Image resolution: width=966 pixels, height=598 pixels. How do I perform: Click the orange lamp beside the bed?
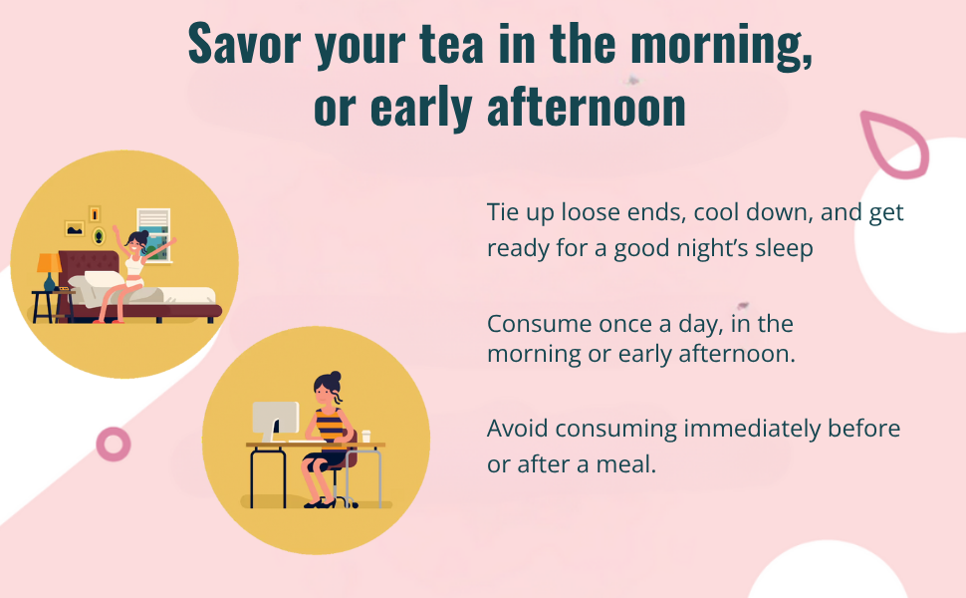coord(48,263)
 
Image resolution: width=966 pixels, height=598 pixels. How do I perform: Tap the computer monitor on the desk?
coord(275,419)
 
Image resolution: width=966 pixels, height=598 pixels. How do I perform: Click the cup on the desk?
coord(366,436)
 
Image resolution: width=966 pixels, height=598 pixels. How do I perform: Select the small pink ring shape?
coord(114,443)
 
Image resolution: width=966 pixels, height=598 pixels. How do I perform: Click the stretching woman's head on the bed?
coord(136,240)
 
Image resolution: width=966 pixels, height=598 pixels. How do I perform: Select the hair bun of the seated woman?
coord(335,376)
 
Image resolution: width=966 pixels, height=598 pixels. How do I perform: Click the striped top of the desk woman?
coord(329,425)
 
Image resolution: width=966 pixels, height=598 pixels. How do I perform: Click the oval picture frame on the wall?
coord(98,236)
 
